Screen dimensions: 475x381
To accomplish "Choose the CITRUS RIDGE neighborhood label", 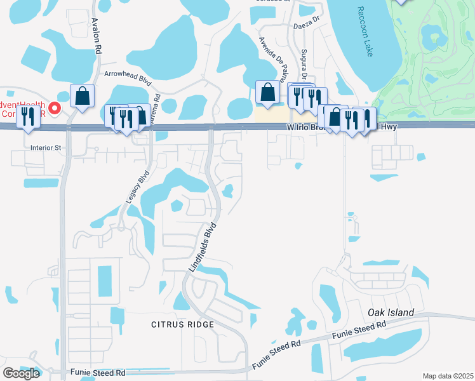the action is coord(182,324).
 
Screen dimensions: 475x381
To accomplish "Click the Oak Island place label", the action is coord(391,312).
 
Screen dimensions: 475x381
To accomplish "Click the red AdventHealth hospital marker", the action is coord(55,109).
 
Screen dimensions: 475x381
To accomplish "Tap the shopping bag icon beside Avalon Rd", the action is coord(83,97).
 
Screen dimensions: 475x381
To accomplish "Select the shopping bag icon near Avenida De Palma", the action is coord(268,92).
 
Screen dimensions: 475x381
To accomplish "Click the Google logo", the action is coord(21,373).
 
